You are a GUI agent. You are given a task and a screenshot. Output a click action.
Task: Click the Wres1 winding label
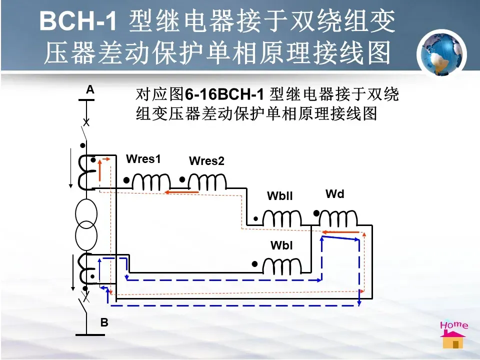[143, 159]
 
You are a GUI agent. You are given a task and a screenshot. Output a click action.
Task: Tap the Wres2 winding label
[206, 161]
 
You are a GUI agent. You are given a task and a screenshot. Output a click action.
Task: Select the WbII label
[279, 196]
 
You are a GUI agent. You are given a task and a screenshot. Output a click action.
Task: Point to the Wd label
[334, 193]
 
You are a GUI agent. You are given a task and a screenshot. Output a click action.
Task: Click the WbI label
[281, 245]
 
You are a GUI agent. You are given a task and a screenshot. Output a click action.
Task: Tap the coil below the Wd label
[338, 218]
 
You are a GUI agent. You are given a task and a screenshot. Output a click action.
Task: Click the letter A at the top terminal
[90, 89]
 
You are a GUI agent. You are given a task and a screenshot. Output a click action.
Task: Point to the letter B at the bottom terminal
[104, 323]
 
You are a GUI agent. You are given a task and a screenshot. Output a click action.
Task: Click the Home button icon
[453, 333]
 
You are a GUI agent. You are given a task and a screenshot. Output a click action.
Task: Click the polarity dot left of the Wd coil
[316, 213]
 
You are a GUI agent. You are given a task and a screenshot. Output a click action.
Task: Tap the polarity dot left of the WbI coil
[254, 263]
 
